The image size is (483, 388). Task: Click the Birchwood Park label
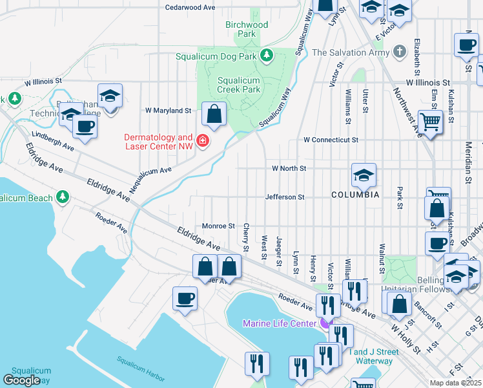pos(246,29)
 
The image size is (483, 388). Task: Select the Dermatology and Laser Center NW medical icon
pos(203,140)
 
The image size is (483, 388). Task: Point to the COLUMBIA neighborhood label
pos(355,195)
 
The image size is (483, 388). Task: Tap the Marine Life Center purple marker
pos(324,323)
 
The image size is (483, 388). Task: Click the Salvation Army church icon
pos(400,52)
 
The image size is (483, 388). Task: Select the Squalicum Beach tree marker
pos(63,195)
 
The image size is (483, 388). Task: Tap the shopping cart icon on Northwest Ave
pos(429,121)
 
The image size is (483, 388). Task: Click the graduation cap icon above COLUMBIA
pos(364,175)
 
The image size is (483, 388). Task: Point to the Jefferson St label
pos(284,197)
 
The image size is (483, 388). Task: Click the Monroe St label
pos(218,226)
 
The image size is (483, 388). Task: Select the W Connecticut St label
pos(331,140)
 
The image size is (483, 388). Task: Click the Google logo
pos(22,380)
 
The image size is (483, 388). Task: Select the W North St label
pos(288,168)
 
